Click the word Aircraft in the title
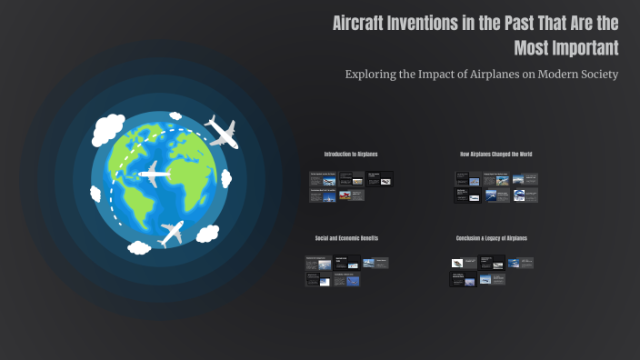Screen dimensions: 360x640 (x=360, y=24)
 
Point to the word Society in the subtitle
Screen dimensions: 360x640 (x=597, y=74)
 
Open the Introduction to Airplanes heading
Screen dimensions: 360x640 (x=350, y=155)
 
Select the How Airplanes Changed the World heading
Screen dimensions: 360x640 (x=495, y=155)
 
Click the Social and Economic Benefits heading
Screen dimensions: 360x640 (x=346, y=238)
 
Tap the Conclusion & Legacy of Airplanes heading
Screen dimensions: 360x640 (x=491, y=238)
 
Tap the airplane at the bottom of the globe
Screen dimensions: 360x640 (x=171, y=233)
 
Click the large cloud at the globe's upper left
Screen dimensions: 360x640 (x=107, y=131)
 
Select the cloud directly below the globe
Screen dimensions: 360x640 (x=139, y=247)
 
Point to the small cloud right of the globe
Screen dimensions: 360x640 (x=226, y=178)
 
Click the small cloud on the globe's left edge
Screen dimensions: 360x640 (x=95, y=193)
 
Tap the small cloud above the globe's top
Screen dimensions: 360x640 (x=175, y=115)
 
